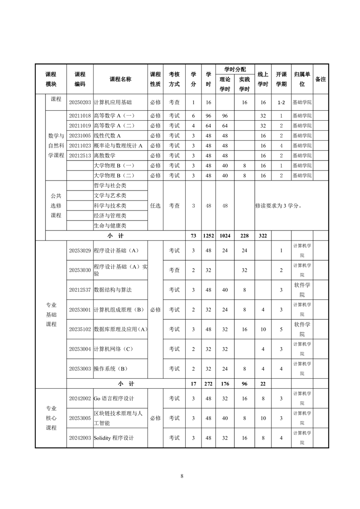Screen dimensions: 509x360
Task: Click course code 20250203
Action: coord(80,103)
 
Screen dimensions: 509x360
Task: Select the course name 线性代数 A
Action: coord(107,136)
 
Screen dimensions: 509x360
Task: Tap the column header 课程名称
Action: coord(120,79)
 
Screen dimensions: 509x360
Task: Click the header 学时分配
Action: coord(235,69)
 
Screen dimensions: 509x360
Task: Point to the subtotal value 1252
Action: coord(208,236)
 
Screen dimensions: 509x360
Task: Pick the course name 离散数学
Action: coord(104,156)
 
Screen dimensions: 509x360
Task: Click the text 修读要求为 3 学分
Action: coord(278,206)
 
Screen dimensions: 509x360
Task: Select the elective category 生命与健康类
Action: coord(110,225)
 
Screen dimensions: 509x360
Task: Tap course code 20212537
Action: coord(80,289)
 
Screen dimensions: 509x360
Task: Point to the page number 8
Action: coord(182,476)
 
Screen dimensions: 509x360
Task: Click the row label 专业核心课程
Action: coord(51,418)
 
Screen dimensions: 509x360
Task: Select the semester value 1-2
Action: coord(281,103)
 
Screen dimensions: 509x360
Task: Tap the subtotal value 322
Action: coord(262,236)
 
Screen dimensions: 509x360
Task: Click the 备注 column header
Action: coord(321,79)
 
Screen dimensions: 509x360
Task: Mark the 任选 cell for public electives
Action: coord(155,206)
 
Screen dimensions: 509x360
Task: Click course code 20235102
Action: coord(80,329)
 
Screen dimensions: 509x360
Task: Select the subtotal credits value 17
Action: coord(193,384)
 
